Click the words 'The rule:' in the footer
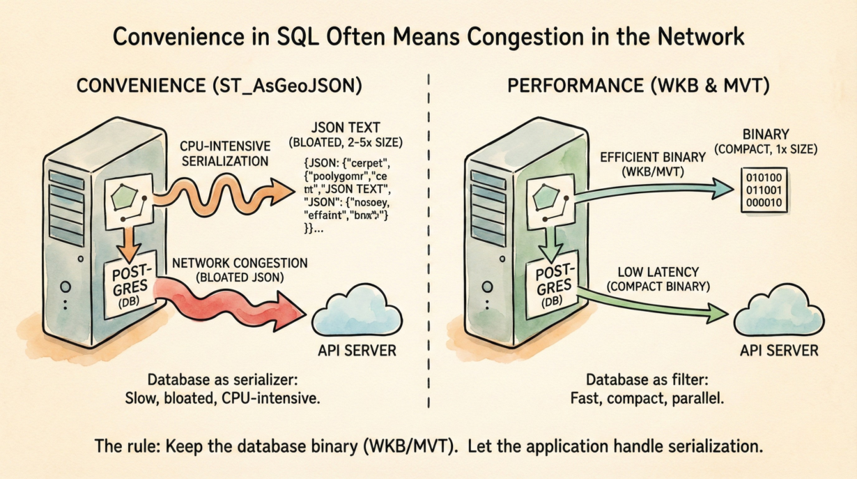pos(123,447)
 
